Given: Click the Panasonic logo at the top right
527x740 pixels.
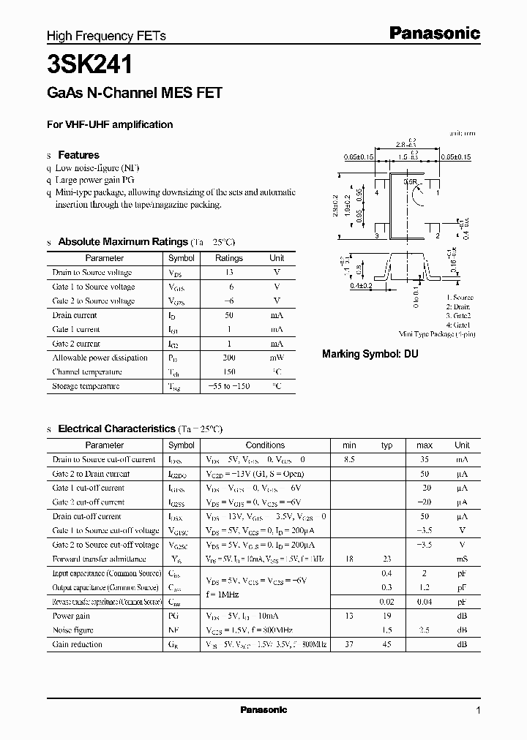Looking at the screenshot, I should (433, 33).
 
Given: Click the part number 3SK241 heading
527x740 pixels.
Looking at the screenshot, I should (90, 65).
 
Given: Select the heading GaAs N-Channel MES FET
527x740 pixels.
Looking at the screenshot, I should (135, 93).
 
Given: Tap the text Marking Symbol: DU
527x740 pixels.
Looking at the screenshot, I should (370, 353).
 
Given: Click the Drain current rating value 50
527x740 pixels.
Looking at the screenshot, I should (228, 315).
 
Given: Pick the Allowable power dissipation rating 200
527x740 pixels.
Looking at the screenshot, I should (228, 358).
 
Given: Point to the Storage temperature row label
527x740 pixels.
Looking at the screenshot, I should (86, 386).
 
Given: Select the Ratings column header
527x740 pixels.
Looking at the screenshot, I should (228, 258).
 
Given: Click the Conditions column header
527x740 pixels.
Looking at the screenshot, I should (265, 445).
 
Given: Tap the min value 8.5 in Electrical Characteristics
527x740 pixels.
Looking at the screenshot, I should (349, 459).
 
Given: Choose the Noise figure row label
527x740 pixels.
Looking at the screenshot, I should (73, 630).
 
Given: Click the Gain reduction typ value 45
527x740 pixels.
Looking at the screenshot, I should (387, 644).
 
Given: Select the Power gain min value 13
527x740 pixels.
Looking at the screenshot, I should (349, 616).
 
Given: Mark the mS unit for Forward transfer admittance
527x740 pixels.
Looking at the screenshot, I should (462, 559).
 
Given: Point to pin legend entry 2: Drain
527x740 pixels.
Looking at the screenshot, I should (460, 307).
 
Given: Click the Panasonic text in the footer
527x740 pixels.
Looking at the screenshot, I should (263, 710).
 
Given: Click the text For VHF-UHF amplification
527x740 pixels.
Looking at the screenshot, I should (110, 124).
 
